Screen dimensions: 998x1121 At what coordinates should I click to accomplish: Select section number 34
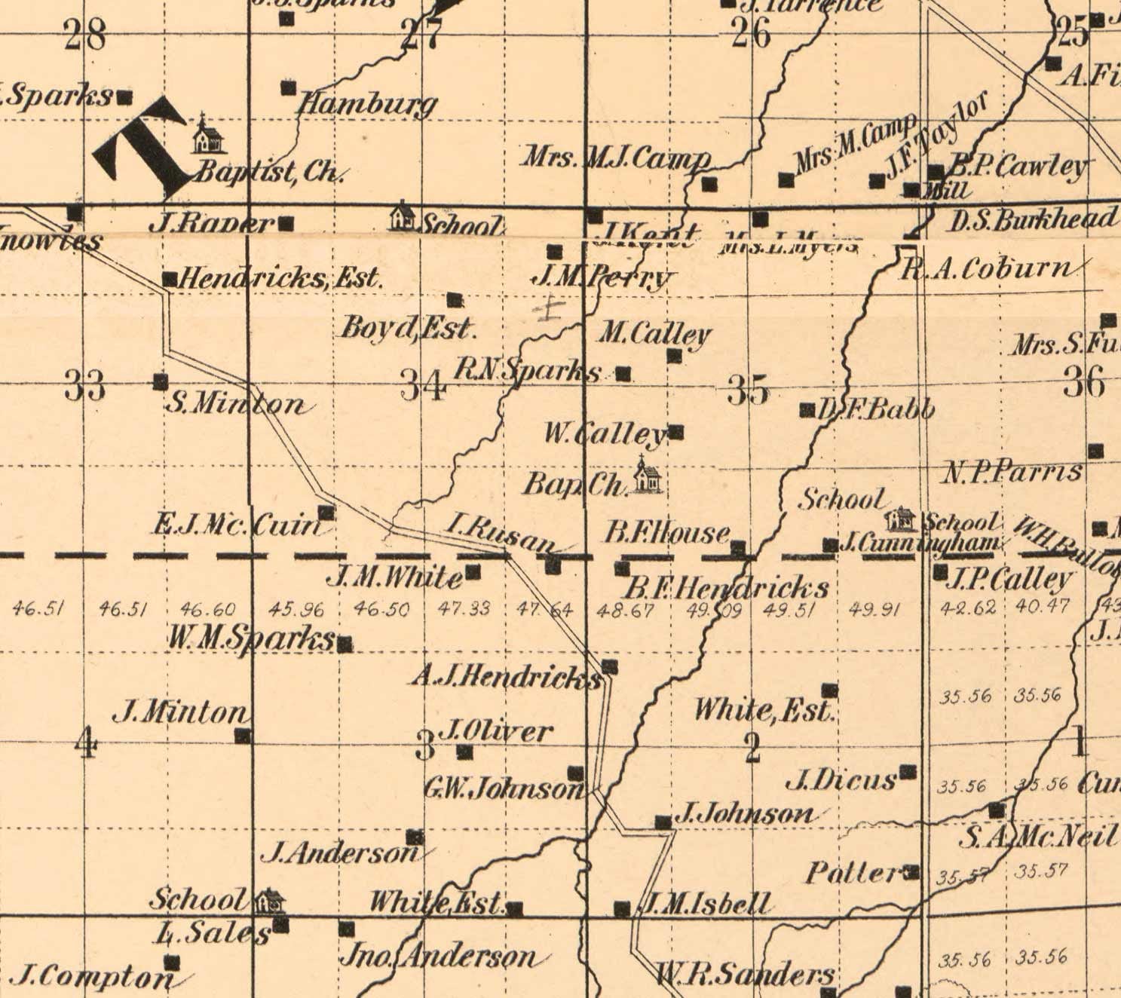(x=423, y=387)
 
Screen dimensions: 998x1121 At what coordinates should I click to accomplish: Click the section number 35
(x=748, y=390)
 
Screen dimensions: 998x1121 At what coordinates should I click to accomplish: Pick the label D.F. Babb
(x=876, y=409)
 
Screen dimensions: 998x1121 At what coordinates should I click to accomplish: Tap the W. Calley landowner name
(x=605, y=434)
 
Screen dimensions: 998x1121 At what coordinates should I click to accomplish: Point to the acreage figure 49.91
(x=874, y=610)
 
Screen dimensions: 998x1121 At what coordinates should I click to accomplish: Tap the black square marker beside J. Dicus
(x=909, y=772)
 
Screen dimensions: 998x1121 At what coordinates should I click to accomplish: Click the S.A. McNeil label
(x=1037, y=836)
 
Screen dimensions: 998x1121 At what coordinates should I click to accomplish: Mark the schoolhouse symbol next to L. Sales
(x=268, y=900)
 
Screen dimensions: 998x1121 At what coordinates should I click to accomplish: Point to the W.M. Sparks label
(x=250, y=638)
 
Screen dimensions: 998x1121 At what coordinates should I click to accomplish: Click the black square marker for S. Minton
(x=161, y=382)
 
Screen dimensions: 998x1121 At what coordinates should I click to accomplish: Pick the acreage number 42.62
(x=968, y=608)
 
